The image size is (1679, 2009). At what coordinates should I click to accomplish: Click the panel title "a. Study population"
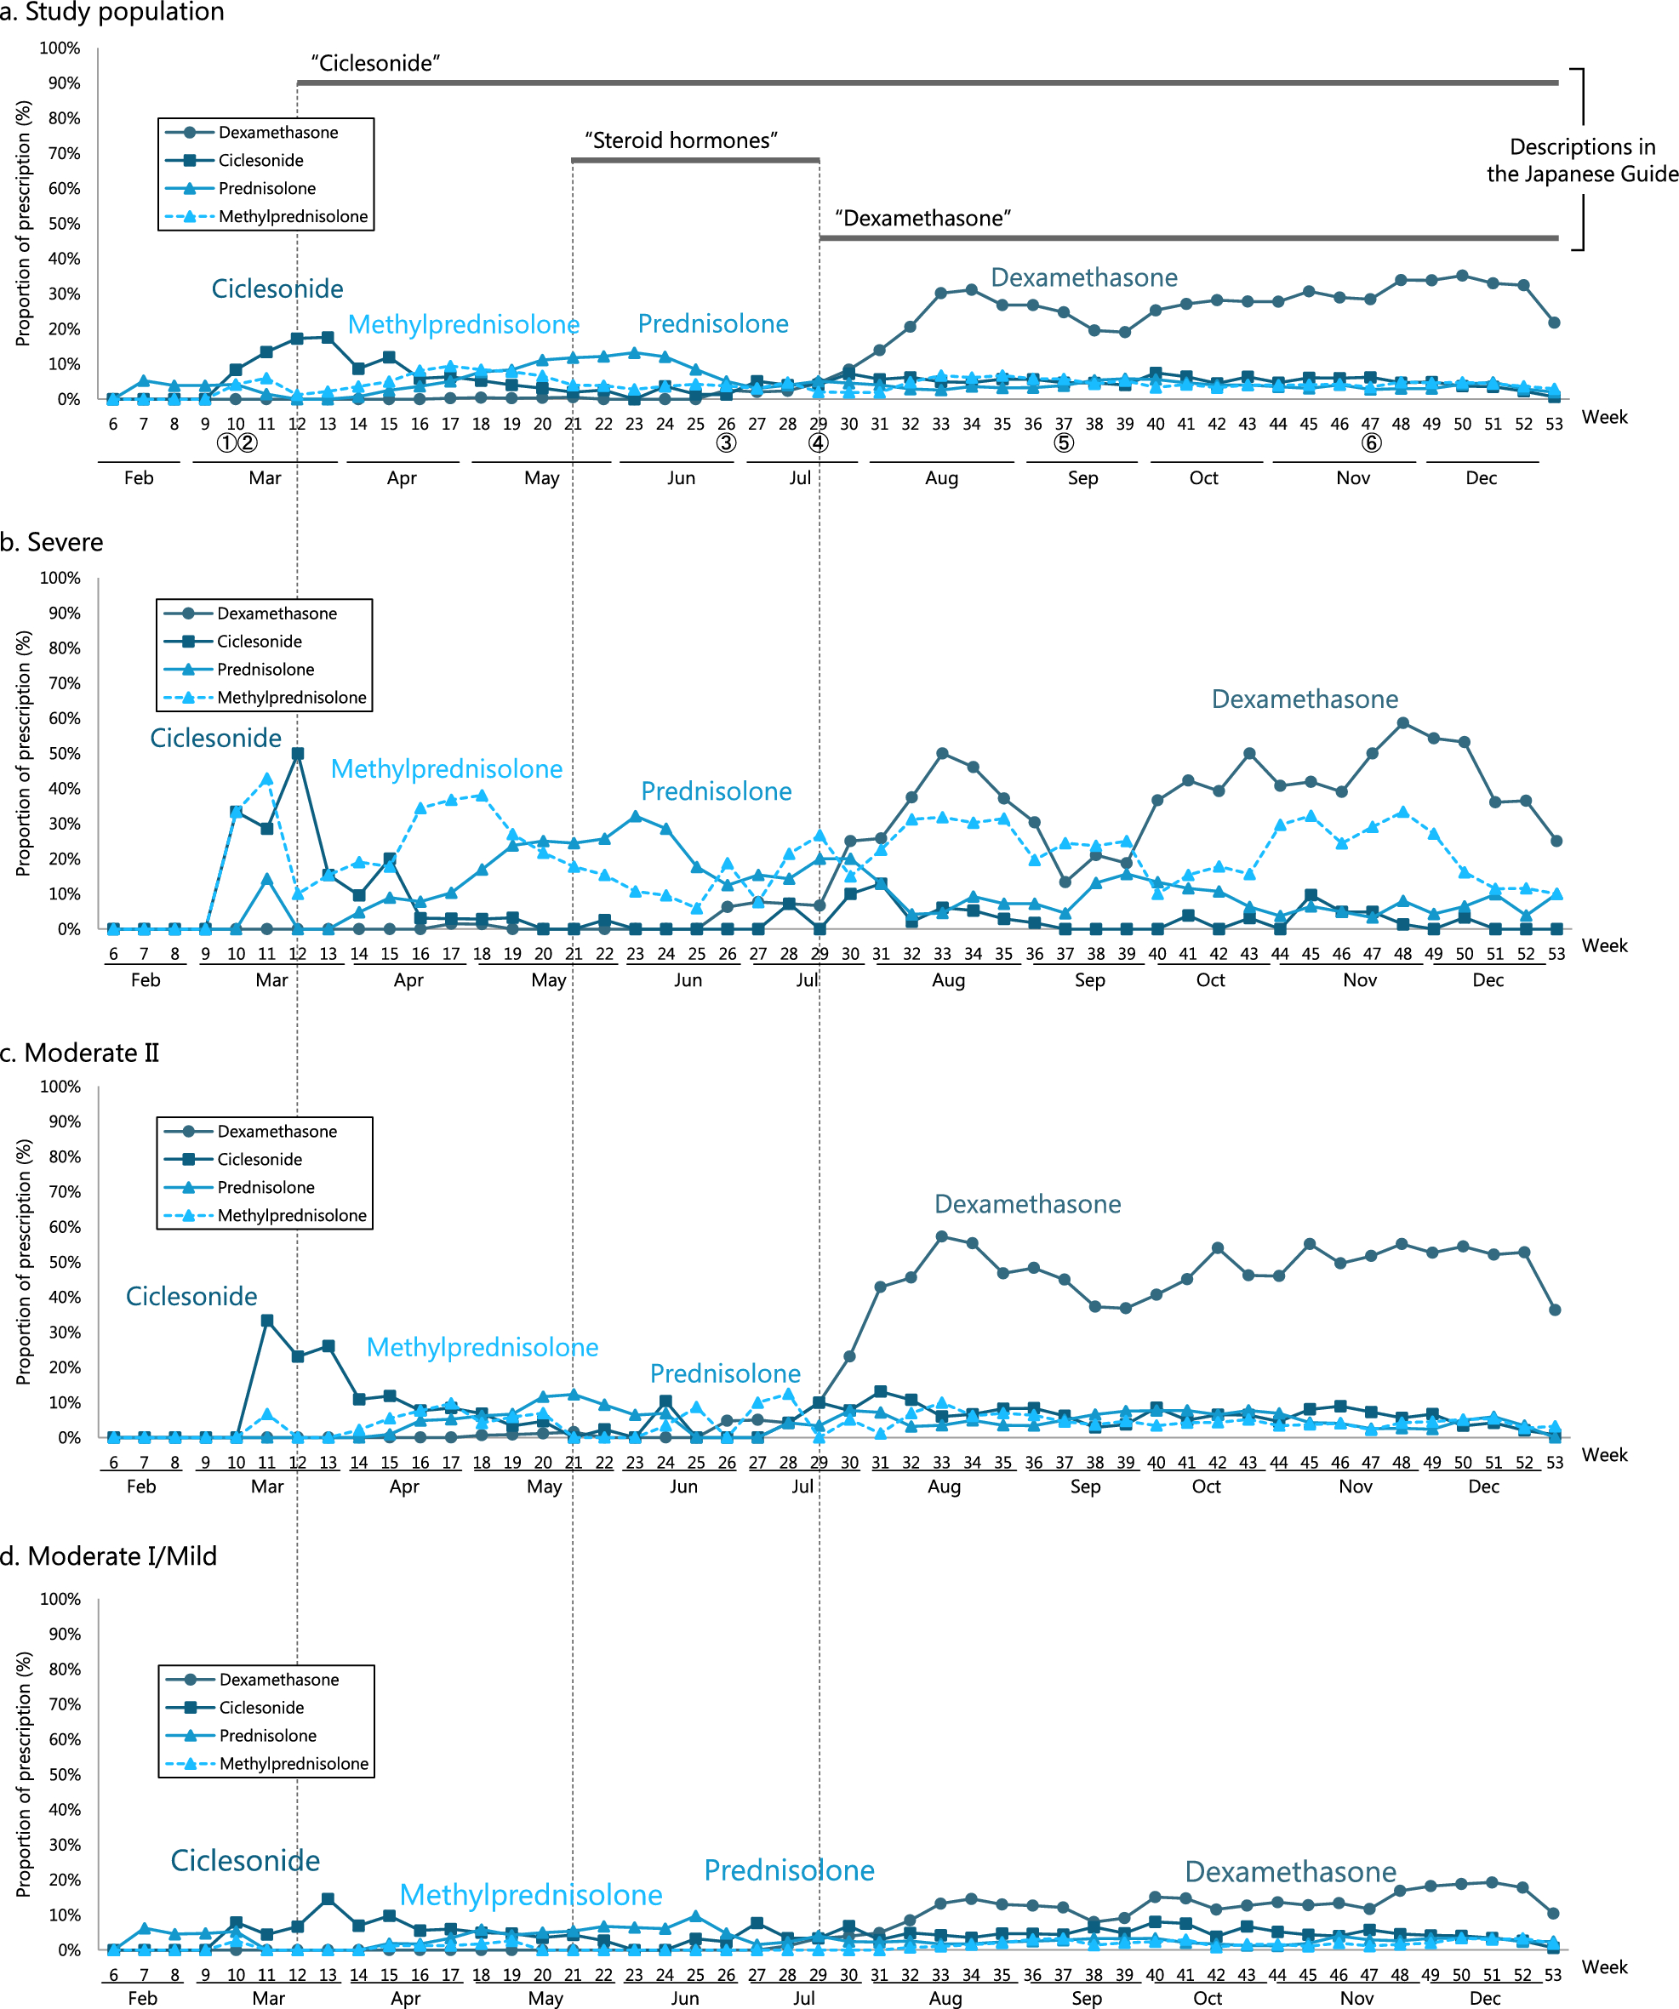pos(112,13)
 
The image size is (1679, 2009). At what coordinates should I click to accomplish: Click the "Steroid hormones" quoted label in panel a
pos(680,140)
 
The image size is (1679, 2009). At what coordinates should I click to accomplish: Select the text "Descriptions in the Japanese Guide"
pos(1581,161)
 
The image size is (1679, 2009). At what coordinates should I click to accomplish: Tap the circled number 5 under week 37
pos(1063,443)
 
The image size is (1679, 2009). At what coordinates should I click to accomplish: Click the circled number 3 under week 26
pos(726,443)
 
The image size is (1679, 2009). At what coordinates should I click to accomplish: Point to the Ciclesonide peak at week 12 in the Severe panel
pos(298,754)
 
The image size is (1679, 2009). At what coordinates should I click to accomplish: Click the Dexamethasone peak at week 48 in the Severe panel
pos(1402,723)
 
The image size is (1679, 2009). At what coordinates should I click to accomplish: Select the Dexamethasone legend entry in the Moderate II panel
pos(277,1131)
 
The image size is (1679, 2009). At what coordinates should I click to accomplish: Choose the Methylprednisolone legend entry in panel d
pos(293,1763)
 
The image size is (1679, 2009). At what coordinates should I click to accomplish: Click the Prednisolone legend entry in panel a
pos(266,188)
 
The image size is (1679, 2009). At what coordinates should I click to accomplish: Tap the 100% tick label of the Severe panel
pos(60,578)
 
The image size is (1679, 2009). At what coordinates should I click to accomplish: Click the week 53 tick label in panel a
pos(1553,424)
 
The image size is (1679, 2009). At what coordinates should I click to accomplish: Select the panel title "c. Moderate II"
pos(79,1053)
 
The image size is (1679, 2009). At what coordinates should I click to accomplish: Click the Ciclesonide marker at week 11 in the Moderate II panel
pos(267,1321)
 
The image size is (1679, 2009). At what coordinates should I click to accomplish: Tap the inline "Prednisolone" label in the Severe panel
pos(716,791)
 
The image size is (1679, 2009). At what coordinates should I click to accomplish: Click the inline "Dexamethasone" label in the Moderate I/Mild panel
pos(1289,1871)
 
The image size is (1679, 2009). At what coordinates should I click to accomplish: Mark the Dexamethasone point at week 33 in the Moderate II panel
pos(941,1236)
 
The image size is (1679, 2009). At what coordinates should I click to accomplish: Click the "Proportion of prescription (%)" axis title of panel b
pos(23,753)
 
